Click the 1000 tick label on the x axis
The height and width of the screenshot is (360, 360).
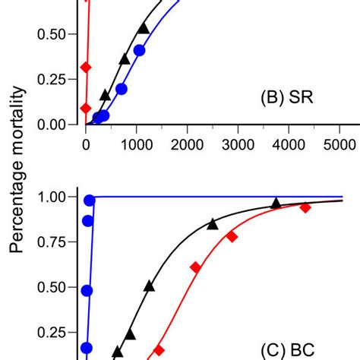point(136,144)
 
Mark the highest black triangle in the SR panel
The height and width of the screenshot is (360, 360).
point(144,28)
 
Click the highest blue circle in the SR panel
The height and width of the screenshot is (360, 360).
point(139,51)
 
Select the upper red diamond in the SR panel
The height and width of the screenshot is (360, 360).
point(86,68)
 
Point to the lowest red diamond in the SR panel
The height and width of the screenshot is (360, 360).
point(86,108)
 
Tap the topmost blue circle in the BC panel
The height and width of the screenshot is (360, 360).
point(90,201)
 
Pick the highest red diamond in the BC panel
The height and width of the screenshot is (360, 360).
point(305,207)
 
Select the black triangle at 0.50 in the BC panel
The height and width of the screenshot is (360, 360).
point(149,286)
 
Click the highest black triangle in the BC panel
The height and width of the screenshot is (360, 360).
point(276,202)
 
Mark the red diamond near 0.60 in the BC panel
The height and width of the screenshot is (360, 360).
point(195,267)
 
